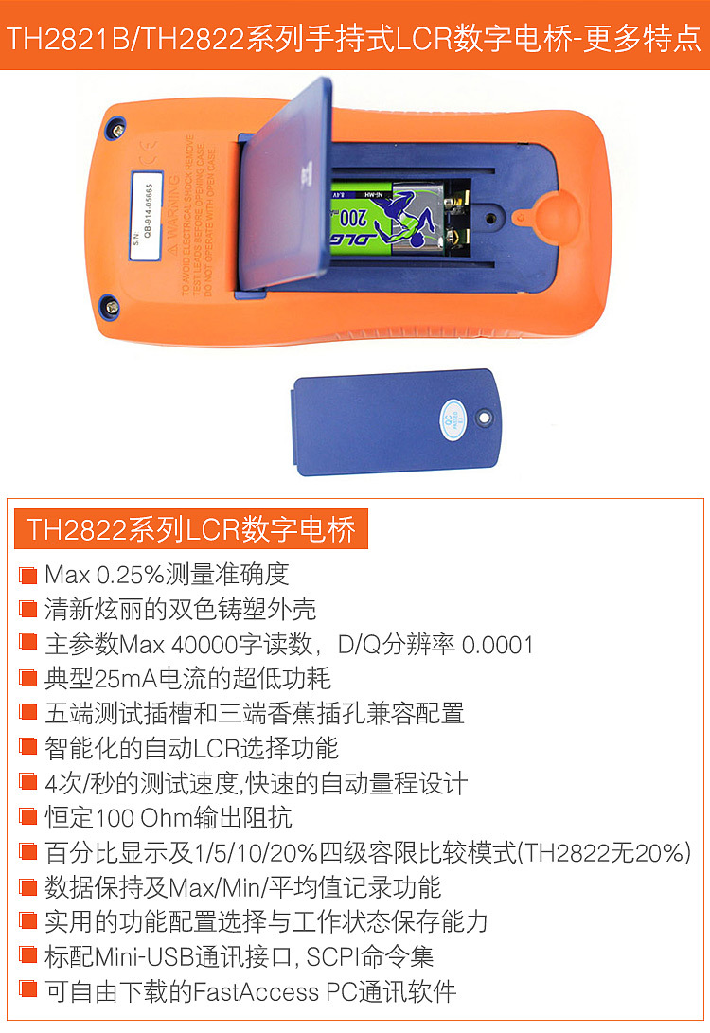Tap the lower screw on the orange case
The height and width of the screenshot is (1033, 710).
pyautogui.click(x=109, y=305)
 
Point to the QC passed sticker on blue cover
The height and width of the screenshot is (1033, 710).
pyautogui.click(x=453, y=417)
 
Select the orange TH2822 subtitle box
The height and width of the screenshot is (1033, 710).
pyautogui.click(x=190, y=529)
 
